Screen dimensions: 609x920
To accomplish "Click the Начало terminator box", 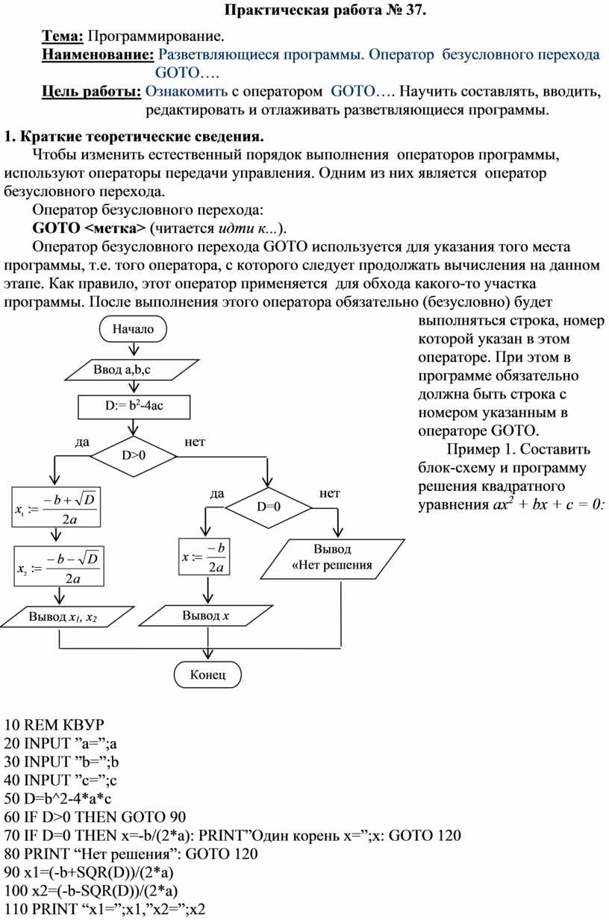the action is tap(133, 329).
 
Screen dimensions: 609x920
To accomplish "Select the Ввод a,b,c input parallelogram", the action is tap(132, 369).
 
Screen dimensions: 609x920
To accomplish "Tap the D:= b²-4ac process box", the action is tap(134, 407).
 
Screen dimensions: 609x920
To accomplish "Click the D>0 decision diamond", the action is tap(134, 456).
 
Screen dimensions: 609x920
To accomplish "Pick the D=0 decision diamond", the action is tap(269, 507).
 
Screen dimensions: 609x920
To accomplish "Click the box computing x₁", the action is tap(56, 507).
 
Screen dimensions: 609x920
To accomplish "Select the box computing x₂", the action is tap(59, 566).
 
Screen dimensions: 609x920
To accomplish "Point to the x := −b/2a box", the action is tap(204, 557).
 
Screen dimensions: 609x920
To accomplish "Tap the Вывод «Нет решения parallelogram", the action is tap(333, 559).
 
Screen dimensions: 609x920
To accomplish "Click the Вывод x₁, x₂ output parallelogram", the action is tap(67, 616).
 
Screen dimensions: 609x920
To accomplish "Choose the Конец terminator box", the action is tap(207, 675).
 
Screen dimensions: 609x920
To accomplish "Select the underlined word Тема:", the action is tap(63, 36).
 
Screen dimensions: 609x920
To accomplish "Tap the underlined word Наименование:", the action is tap(98, 54).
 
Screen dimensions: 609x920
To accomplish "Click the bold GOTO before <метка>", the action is tap(56, 228).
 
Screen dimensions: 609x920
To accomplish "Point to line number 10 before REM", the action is tap(12, 725).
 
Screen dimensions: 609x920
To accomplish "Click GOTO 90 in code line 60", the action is tap(154, 816).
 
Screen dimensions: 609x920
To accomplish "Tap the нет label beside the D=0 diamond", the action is tap(330, 493).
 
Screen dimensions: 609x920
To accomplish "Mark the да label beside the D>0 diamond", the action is tap(82, 442).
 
